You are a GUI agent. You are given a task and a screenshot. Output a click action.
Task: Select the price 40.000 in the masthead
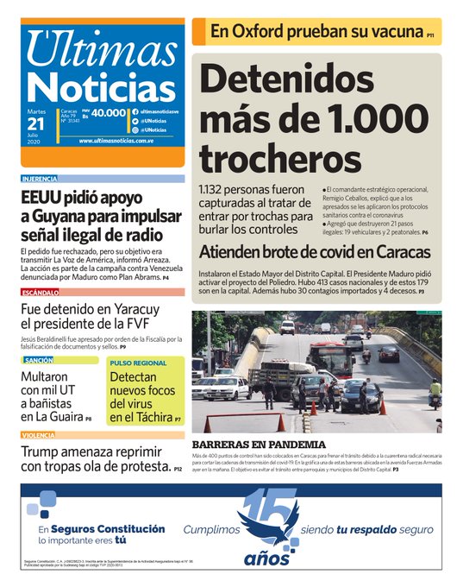pos(109,113)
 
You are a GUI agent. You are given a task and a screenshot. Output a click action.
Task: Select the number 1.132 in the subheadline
pos(216,190)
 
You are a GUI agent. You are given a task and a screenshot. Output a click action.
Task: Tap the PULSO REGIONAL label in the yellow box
pos(138,363)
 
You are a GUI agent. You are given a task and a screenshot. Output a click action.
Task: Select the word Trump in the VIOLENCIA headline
pos(45,451)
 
